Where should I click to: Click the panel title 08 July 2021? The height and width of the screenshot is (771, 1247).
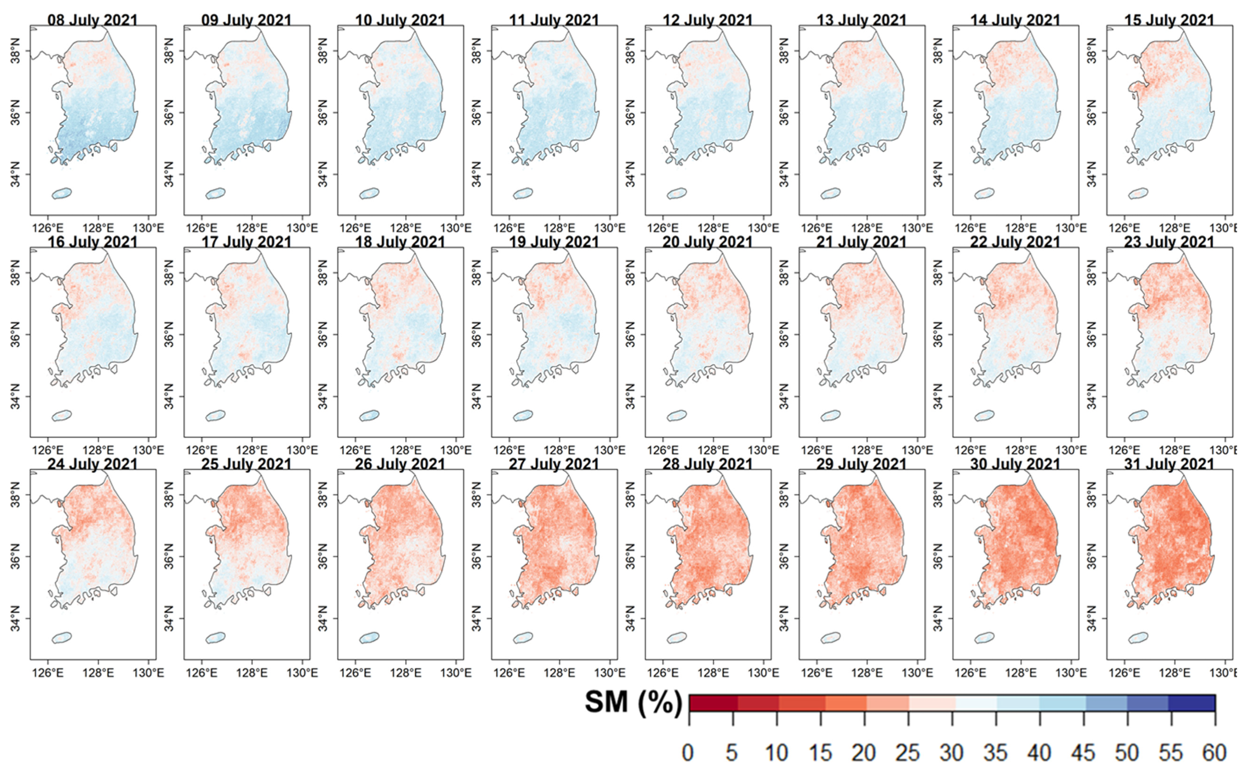[92, 20]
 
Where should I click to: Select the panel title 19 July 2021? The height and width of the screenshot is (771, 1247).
[554, 242]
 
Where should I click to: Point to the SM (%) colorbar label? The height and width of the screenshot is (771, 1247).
[632, 703]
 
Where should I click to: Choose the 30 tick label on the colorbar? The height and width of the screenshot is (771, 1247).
[952, 753]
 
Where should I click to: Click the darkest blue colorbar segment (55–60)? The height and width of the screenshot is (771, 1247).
[1192, 703]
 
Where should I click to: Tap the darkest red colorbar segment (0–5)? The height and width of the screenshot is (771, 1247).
[713, 703]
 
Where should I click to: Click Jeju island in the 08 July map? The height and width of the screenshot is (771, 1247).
[62, 193]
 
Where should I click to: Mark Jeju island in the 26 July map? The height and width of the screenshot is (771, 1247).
[369, 638]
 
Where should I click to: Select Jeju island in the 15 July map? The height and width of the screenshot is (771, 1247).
[1138, 193]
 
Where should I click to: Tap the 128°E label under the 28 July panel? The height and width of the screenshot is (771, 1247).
[713, 673]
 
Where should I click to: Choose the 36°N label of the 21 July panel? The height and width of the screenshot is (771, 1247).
[785, 335]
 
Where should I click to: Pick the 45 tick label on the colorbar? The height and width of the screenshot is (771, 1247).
[1083, 753]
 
